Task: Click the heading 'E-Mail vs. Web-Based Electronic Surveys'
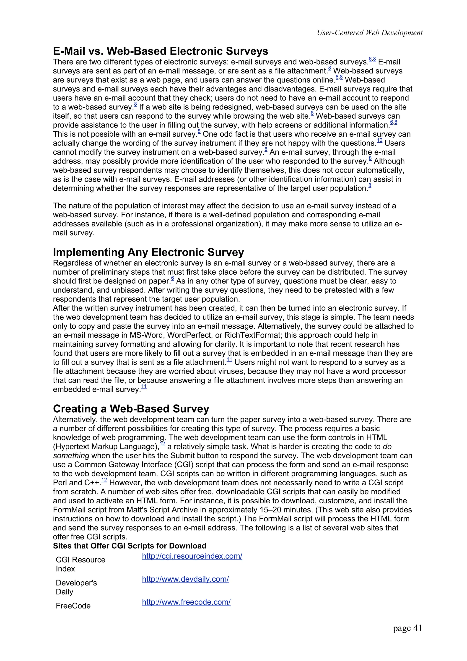tap(160, 51)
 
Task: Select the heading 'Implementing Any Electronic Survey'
tap(148, 252)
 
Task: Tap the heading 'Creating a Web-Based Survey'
tap(131, 409)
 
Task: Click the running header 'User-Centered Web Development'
tap(369, 33)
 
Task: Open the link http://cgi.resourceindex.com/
tap(192, 556)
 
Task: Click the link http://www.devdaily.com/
tap(185, 579)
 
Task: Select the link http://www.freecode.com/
tap(186, 602)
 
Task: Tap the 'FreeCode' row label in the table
tap(73, 606)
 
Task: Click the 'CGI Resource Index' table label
tap(80, 564)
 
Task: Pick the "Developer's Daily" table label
tap(76, 587)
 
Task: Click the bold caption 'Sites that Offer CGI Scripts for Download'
tap(130, 546)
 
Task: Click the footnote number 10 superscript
tap(379, 141)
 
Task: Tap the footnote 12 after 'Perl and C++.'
tap(104, 480)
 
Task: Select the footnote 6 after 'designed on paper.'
tap(172, 278)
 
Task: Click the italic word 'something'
tap(71, 456)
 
